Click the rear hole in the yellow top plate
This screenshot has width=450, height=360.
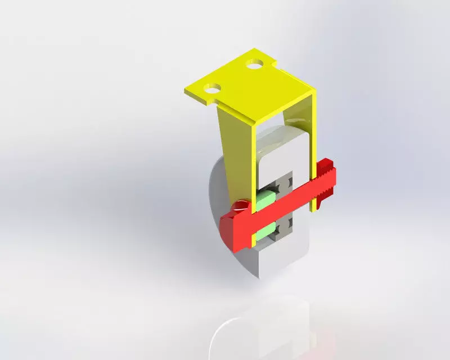[256, 65]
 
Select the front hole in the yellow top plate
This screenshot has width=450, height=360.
[213, 88]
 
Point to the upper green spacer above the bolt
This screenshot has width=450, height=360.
[267, 196]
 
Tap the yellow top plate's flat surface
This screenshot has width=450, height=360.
[247, 90]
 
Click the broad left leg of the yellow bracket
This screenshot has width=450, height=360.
[233, 152]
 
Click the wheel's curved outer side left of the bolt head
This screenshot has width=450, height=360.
[217, 191]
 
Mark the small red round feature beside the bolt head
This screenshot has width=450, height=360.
[242, 203]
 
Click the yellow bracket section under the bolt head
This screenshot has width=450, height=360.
[254, 236]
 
